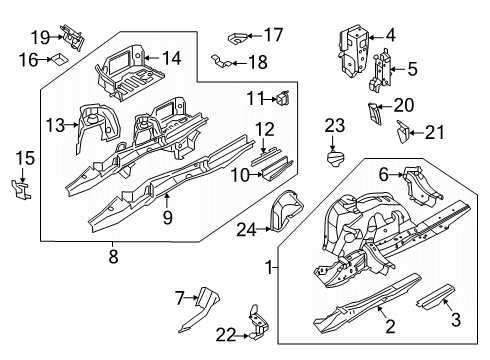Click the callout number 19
point(39,37)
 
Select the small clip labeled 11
point(283,98)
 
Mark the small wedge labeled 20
point(375,112)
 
